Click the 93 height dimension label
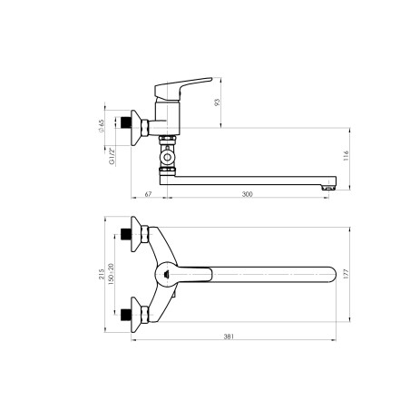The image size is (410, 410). pyautogui.click(x=217, y=102)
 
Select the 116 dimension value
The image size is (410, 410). pyautogui.click(x=347, y=155)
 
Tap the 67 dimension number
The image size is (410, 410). pyautogui.click(x=148, y=194)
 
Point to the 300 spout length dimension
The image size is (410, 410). pyautogui.click(x=247, y=194)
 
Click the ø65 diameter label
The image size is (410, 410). pyautogui.click(x=101, y=126)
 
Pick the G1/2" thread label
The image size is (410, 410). pyautogui.click(x=112, y=156)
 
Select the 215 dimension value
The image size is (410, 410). pyautogui.click(x=102, y=274)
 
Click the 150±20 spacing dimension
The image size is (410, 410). pyautogui.click(x=111, y=274)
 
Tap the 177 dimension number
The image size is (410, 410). pyautogui.click(x=347, y=274)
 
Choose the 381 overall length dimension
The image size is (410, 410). pyautogui.click(x=229, y=337)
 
